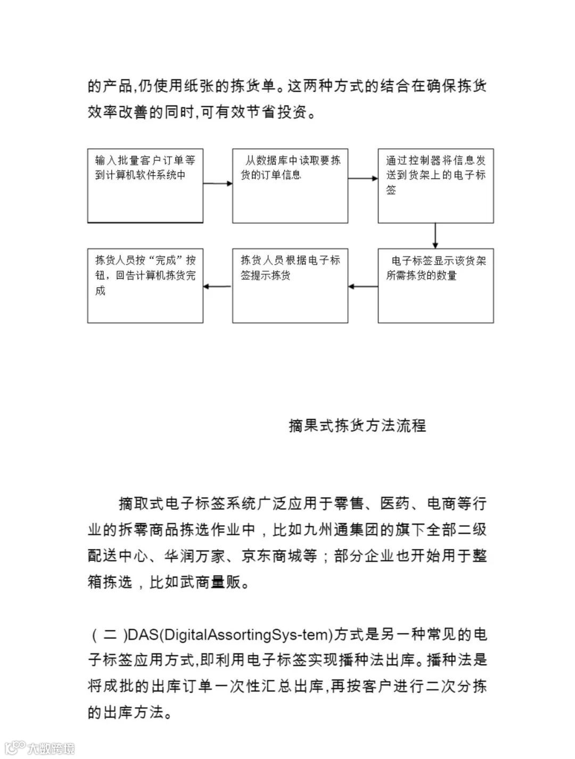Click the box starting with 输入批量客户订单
[145, 185]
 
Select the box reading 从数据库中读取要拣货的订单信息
[290, 185]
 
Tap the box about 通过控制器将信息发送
[436, 185]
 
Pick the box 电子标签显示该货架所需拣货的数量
[436, 285]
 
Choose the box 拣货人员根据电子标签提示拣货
[290, 285]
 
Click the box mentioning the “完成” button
[145, 285]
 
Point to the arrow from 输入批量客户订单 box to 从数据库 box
[217, 184]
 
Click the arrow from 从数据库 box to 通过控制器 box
[363, 179]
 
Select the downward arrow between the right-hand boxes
[436, 235]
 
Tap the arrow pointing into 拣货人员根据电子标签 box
[363, 287]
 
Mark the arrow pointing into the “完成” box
[217, 287]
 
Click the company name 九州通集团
[349, 530]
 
